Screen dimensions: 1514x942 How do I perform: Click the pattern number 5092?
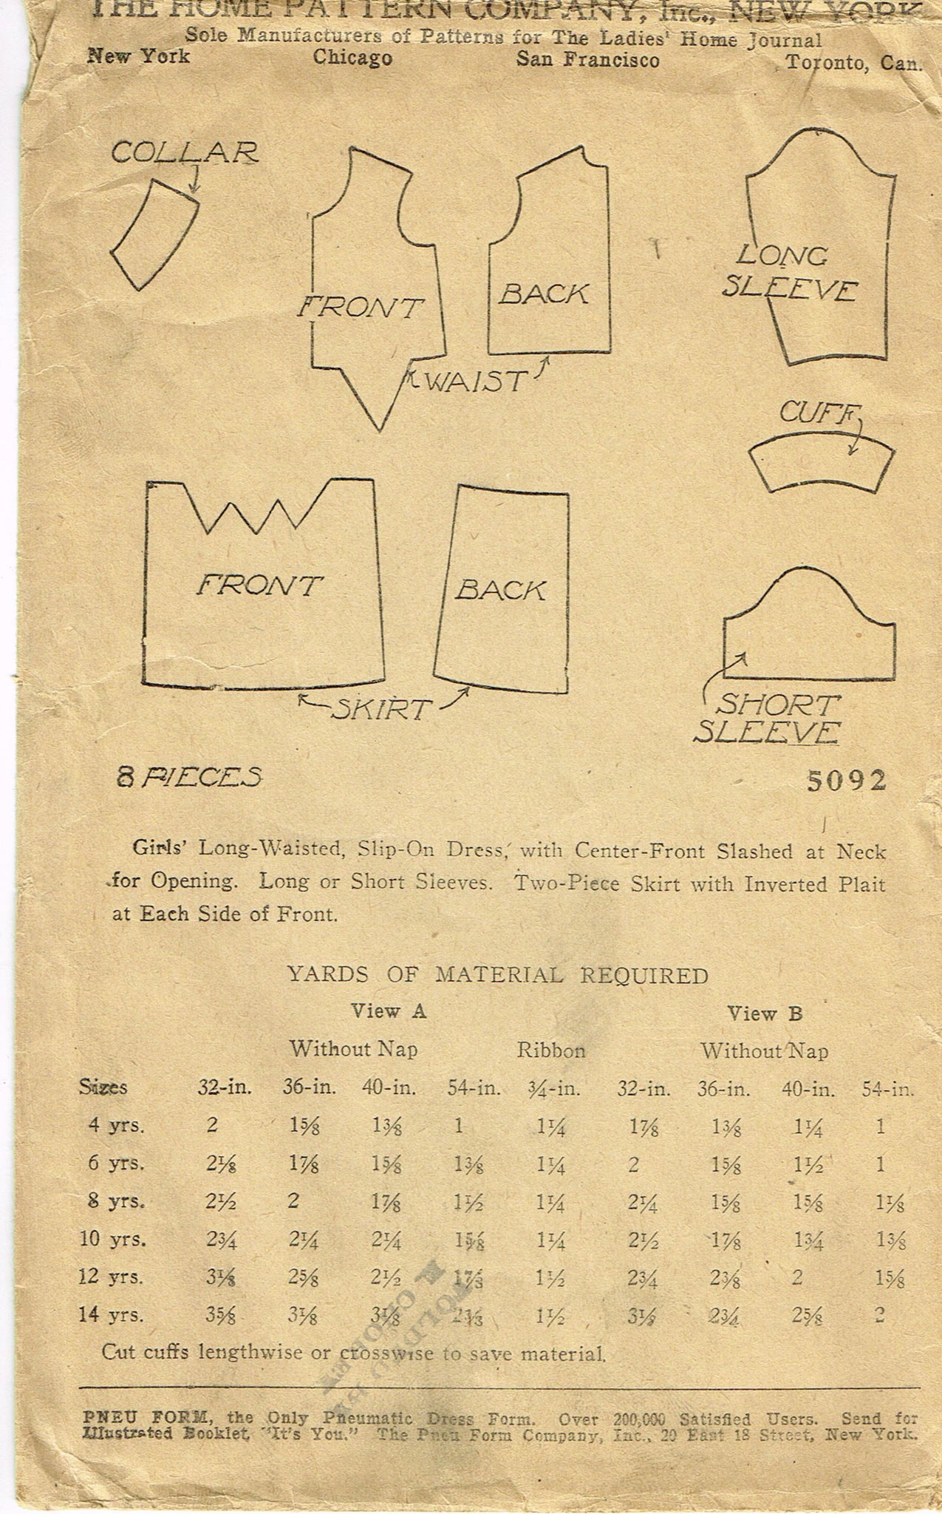coord(846,781)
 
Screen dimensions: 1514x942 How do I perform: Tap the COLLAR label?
coord(185,153)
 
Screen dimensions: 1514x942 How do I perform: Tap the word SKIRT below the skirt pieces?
coord(380,709)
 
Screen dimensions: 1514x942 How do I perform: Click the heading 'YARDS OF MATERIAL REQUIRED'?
coord(498,975)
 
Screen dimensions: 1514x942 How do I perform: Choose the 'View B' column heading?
coord(764,1014)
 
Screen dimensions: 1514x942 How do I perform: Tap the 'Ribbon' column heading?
coord(551,1050)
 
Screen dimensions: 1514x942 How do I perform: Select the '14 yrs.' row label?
coord(112,1315)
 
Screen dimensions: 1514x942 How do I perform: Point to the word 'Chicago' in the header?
coord(352,58)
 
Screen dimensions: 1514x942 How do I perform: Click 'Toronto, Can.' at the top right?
coord(853,63)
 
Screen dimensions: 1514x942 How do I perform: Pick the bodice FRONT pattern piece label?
coord(360,307)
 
